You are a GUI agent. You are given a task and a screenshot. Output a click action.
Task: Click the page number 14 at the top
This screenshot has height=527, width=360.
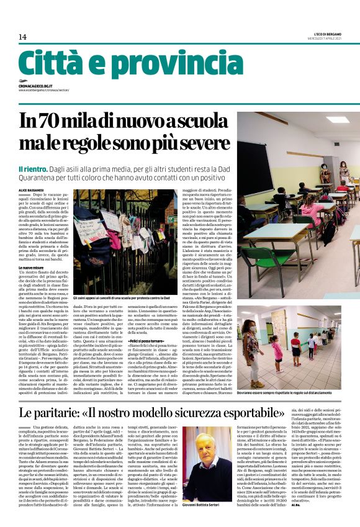[x=22, y=37]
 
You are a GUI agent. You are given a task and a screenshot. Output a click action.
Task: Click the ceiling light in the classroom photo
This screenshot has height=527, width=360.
[x=338, y=120]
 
